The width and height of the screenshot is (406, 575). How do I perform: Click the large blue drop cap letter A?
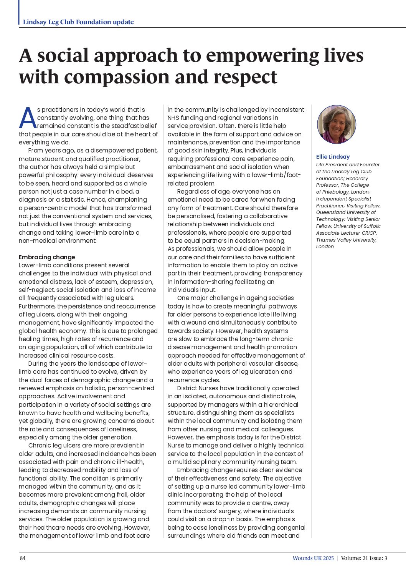tap(28, 118)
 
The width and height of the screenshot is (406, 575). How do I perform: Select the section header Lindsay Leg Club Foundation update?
tap(78, 22)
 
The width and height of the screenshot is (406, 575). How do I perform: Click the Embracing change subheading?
tap(47, 257)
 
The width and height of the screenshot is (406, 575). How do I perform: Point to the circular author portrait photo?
tap(337, 124)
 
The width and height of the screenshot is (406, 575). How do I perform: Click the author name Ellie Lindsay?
tap(333, 157)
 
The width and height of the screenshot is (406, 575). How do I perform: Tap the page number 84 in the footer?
tap(23, 558)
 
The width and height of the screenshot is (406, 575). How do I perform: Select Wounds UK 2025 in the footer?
tap(313, 558)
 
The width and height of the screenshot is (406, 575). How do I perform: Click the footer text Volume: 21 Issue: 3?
tap(364, 558)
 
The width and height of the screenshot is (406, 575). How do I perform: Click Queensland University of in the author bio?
tap(346, 212)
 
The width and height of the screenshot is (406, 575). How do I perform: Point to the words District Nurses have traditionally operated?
tap(238, 388)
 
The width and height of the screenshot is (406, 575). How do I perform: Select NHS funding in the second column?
tap(185, 118)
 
